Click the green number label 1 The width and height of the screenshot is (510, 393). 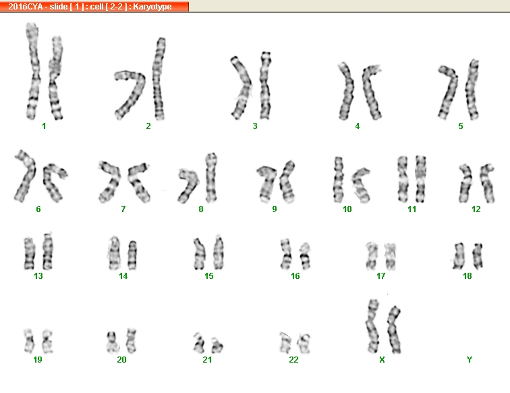[44, 126]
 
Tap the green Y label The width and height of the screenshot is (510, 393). [469, 359]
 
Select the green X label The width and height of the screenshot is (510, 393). [382, 359]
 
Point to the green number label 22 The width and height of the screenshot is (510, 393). [293, 359]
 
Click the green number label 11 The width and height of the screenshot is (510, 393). [412, 209]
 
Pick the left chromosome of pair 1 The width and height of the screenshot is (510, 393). [32, 72]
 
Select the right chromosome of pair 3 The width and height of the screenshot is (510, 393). [265, 85]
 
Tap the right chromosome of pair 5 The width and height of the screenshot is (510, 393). [472, 90]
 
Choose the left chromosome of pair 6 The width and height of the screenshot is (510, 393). [26, 176]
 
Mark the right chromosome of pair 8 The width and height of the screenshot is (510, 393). [211, 178]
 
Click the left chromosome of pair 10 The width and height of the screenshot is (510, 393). [338, 180]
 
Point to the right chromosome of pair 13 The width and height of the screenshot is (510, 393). [48, 251]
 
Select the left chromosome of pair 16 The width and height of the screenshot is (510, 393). [286, 254]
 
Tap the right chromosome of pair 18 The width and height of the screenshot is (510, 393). [478, 256]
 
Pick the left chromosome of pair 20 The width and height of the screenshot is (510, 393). [111, 342]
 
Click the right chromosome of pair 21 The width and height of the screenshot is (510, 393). [217, 346]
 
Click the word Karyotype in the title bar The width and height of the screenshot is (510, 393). [152, 7]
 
